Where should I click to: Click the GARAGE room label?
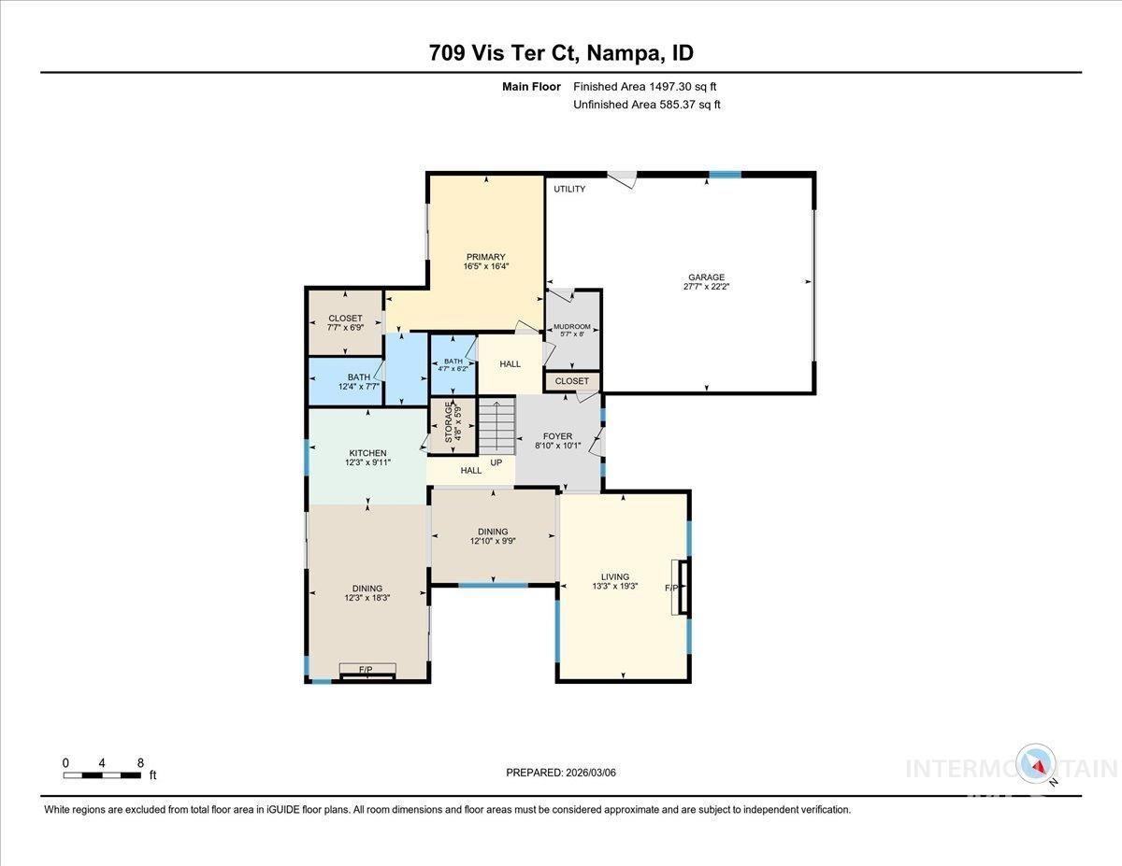(x=706, y=277)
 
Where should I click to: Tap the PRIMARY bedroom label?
(x=485, y=257)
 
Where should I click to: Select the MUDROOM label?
(x=571, y=327)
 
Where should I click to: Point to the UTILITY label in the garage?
(x=569, y=190)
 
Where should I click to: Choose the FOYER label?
(x=557, y=436)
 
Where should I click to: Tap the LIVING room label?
(x=614, y=576)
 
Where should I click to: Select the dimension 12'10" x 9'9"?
(x=493, y=541)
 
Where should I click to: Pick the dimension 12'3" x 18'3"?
(x=367, y=598)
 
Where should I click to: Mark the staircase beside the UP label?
(x=496, y=427)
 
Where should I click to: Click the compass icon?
(x=1036, y=763)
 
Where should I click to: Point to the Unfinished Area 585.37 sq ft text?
(x=646, y=105)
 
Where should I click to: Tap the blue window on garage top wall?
(x=724, y=174)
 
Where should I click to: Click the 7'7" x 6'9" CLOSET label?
(x=345, y=322)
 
